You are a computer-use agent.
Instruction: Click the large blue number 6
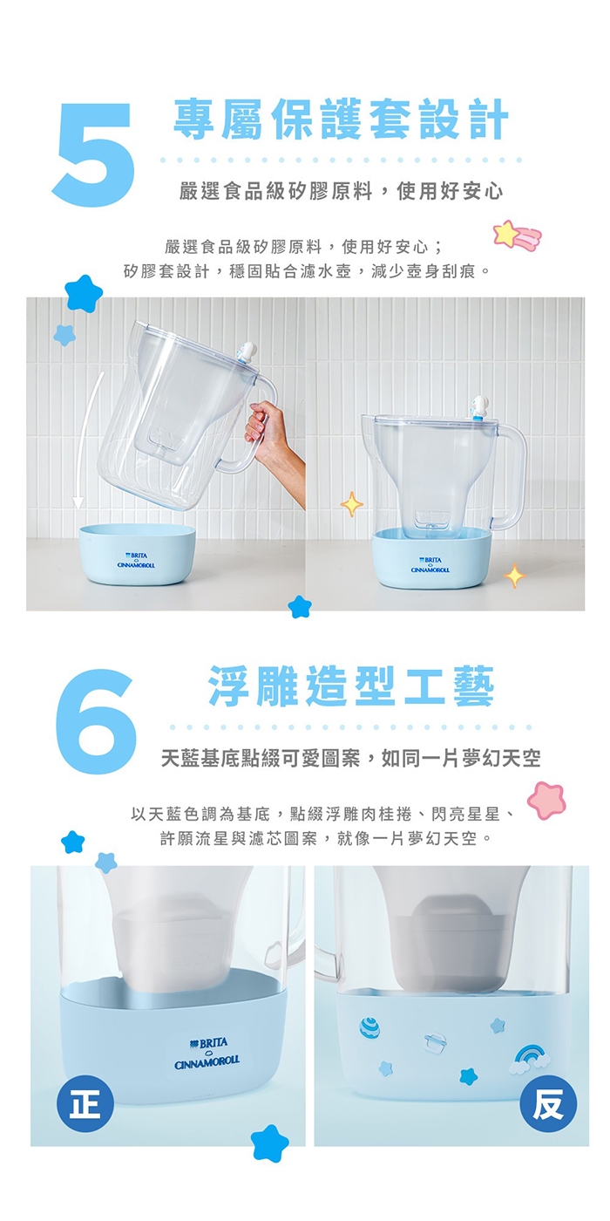tap(94, 720)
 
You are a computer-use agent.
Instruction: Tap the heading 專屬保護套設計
tap(341, 119)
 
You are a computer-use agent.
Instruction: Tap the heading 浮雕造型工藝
tap(351, 686)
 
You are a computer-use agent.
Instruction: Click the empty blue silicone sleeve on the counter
tap(137, 554)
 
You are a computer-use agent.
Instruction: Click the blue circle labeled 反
tap(548, 1104)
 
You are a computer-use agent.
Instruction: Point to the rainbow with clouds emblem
tap(530, 1061)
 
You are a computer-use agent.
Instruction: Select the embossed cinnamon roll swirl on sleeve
tap(369, 1027)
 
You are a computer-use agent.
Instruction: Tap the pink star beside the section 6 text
tap(546, 801)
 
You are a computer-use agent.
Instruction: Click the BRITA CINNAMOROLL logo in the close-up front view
tap(207, 1053)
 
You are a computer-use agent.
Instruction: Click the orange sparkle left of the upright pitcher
tap(352, 504)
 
